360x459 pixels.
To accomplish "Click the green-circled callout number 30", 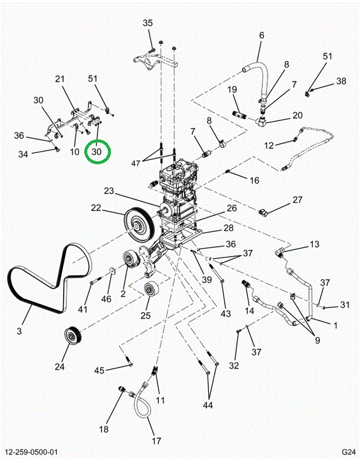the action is coord(97,152).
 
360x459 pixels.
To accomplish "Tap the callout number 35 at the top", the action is coord(148,23).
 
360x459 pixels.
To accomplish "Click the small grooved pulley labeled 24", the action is coord(73,335).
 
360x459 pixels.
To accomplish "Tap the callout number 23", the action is coord(108,191).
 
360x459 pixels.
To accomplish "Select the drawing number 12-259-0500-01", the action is coord(31,452).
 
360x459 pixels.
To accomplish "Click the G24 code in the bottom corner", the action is coord(349,451).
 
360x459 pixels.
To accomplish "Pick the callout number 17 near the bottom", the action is coord(157,441).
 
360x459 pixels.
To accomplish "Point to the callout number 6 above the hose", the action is coord(261,35).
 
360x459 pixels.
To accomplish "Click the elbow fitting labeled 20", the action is coord(260,120).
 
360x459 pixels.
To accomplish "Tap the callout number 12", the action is coord(269,145).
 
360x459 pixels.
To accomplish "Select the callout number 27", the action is coord(298,200).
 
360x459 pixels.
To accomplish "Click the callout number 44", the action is coord(208,405).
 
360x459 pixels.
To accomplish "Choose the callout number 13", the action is coord(314,244).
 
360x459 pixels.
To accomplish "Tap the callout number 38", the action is coord(342,81).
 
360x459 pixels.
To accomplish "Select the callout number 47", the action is coord(136,163).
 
